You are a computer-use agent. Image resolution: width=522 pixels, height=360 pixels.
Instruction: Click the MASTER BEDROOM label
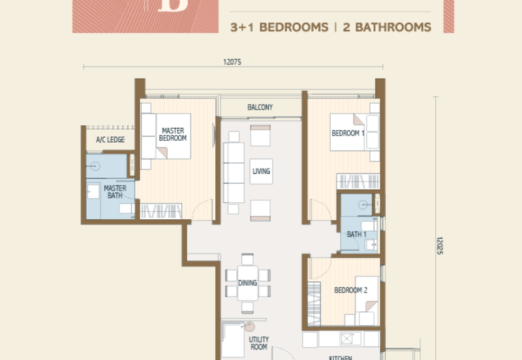174,134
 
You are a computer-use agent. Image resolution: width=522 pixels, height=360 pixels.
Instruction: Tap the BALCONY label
260,107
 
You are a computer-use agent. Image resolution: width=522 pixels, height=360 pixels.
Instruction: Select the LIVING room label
261,172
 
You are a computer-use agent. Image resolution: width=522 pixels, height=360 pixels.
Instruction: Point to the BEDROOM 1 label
346,133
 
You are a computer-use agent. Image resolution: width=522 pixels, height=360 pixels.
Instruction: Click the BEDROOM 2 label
351,290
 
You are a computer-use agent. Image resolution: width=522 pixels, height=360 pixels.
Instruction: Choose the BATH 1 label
356,235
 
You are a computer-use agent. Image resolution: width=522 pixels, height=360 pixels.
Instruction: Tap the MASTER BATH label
115,192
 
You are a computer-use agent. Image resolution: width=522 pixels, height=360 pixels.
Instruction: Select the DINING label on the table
247,283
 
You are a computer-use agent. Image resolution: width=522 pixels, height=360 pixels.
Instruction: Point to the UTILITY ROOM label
258,344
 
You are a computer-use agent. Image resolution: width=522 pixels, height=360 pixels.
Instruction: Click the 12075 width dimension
232,63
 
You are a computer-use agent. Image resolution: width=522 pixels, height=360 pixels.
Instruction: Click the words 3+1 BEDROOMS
279,27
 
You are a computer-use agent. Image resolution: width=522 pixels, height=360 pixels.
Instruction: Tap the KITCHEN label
341,357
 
